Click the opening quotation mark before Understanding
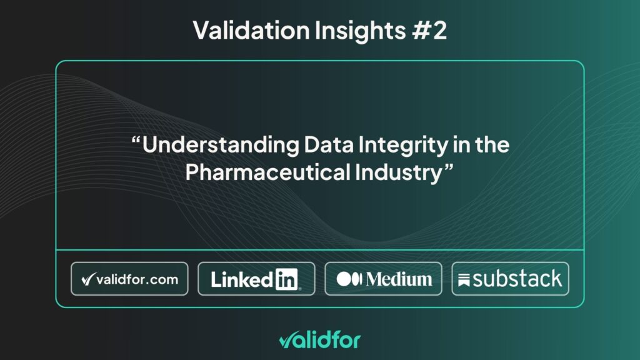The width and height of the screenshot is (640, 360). (136, 141)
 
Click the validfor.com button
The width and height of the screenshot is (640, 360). (129, 279)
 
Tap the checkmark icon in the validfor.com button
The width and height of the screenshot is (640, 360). (89, 279)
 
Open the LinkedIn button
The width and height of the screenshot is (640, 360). (256, 279)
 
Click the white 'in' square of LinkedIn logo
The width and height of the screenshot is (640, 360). (286, 279)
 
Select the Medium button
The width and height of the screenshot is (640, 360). (383, 279)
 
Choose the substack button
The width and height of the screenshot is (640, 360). (510, 279)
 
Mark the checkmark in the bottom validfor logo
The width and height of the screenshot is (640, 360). (285, 340)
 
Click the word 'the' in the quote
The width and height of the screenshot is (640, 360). (493, 145)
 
